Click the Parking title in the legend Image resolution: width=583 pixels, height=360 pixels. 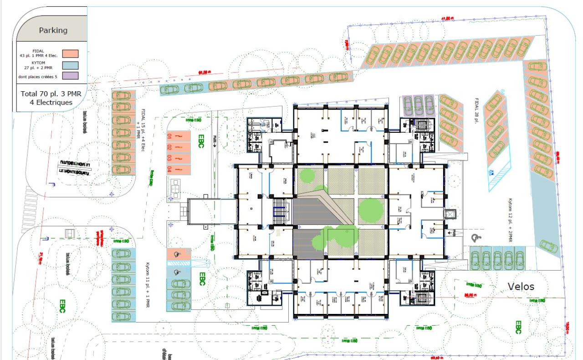coord(53,31)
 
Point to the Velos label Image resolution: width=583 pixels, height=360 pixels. coord(521,287)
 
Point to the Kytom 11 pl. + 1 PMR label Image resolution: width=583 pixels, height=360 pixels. coord(148,285)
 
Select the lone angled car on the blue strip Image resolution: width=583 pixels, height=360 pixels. coord(548,246)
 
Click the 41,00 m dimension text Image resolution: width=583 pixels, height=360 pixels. coord(447,18)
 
